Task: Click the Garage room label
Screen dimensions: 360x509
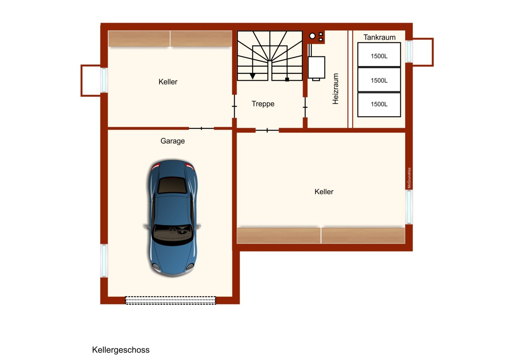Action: (x=173, y=141)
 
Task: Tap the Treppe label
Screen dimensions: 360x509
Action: (x=263, y=104)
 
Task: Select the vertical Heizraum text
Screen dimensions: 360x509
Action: (x=336, y=89)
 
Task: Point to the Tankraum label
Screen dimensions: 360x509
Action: (x=379, y=37)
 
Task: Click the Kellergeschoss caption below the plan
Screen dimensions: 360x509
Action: (x=121, y=350)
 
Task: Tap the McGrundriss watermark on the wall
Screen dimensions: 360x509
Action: (x=409, y=178)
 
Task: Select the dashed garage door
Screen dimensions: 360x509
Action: (x=171, y=300)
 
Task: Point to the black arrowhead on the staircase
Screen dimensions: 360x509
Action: (x=253, y=76)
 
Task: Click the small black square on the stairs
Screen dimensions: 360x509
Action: (x=287, y=80)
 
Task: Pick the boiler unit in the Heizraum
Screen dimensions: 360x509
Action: (x=317, y=67)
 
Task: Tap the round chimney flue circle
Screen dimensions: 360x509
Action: (x=313, y=36)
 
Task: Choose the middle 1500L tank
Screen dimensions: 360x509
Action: (x=379, y=80)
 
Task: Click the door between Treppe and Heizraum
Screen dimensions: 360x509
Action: (x=305, y=107)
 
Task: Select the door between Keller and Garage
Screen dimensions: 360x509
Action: (x=201, y=128)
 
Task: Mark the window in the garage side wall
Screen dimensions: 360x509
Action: (x=104, y=261)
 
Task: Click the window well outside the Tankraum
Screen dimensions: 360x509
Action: (x=423, y=52)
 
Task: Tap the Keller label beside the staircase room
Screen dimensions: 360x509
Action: (x=168, y=82)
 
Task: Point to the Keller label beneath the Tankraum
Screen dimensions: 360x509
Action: (x=324, y=192)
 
